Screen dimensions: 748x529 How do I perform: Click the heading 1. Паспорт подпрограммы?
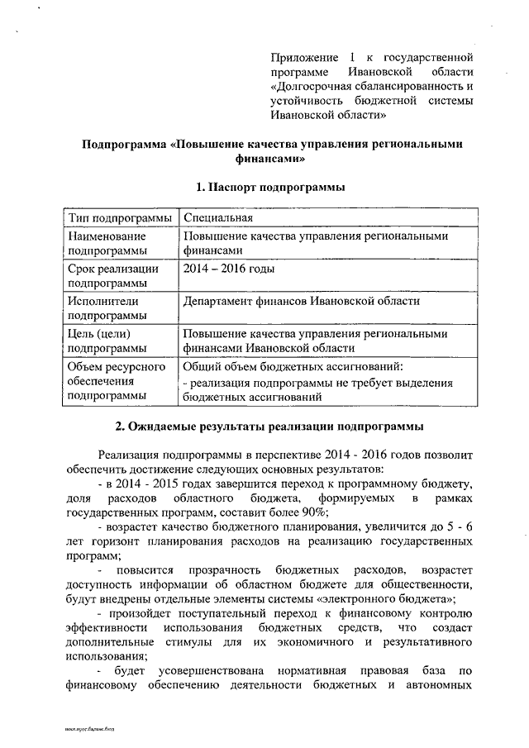tap(270, 188)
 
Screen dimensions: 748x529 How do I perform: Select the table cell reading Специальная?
tap(218, 217)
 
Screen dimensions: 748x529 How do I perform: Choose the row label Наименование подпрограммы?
tap(107, 243)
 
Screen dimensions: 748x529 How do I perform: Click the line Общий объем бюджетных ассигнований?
tap(293, 366)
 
